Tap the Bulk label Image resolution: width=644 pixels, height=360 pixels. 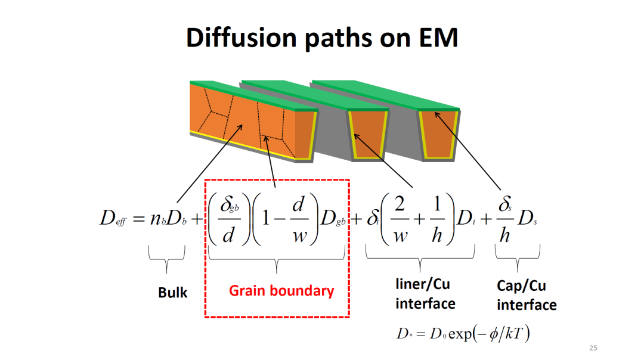(172, 293)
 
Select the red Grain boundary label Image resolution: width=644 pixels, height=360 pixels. (281, 291)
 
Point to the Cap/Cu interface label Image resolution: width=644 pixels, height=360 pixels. (527, 296)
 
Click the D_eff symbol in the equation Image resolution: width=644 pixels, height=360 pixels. (114, 219)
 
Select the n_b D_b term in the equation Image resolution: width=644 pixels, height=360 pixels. (168, 219)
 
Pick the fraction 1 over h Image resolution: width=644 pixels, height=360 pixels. (435, 219)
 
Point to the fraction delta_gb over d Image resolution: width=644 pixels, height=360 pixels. (228, 219)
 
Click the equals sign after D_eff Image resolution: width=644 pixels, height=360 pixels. (138, 219)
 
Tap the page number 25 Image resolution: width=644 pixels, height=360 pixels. (593, 348)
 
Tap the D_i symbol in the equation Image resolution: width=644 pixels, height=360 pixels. (465, 220)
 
